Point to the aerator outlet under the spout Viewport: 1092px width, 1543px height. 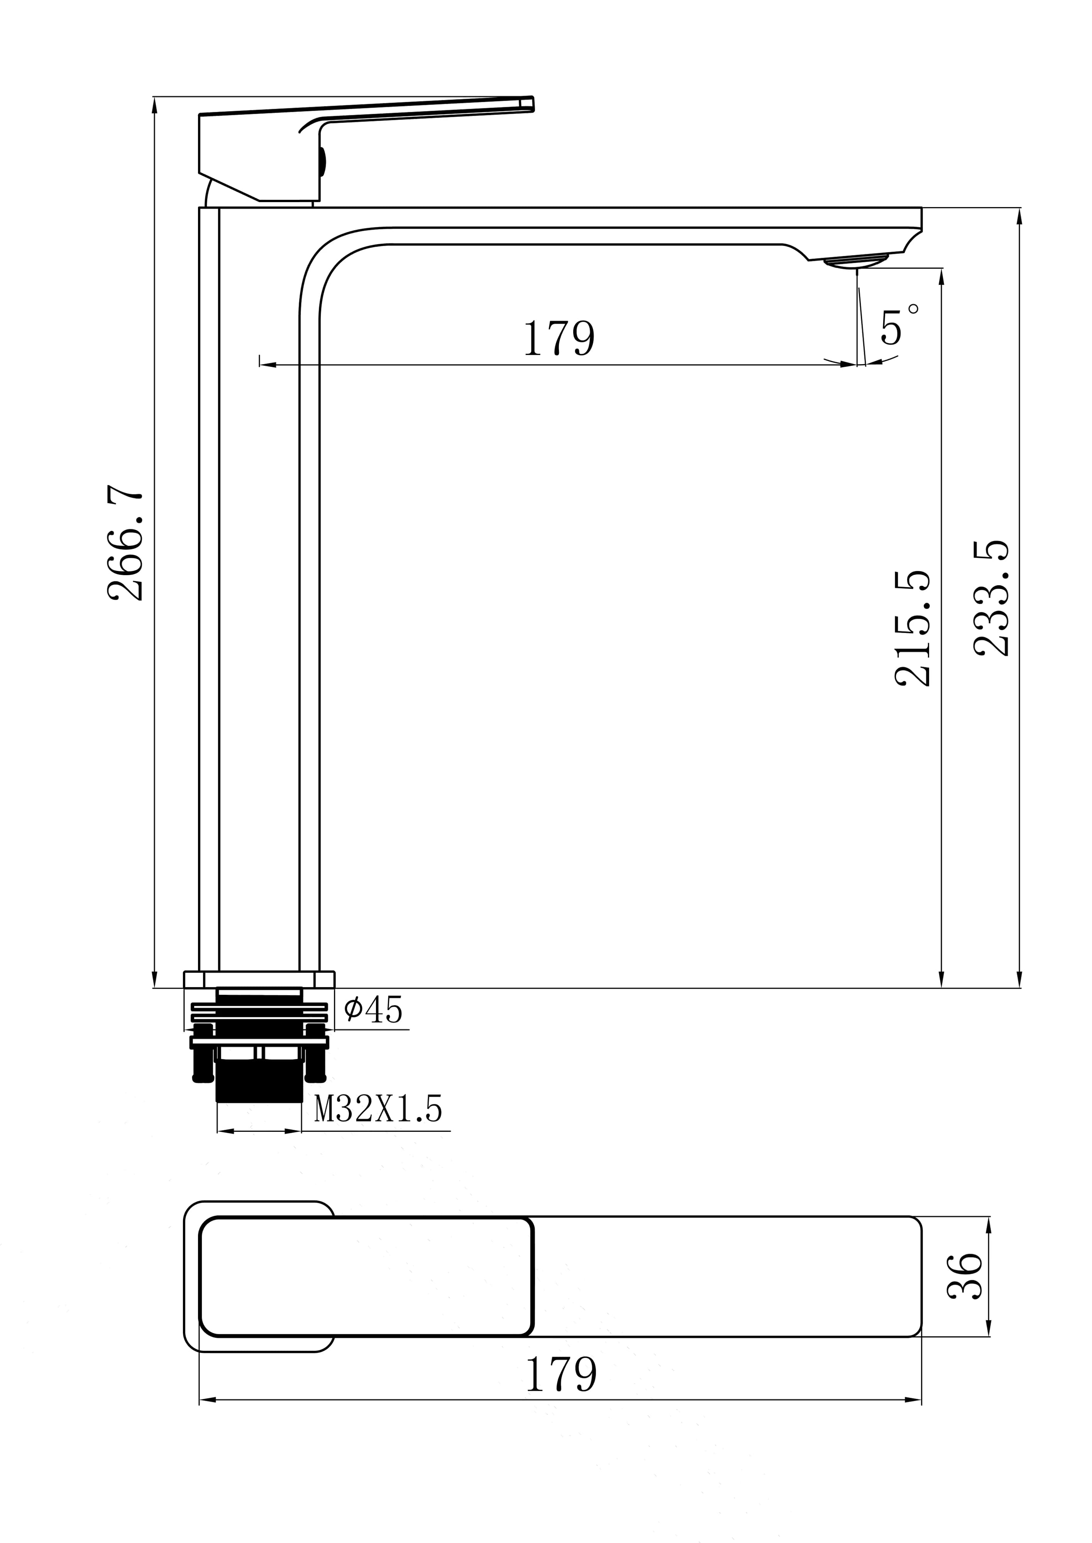856,262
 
